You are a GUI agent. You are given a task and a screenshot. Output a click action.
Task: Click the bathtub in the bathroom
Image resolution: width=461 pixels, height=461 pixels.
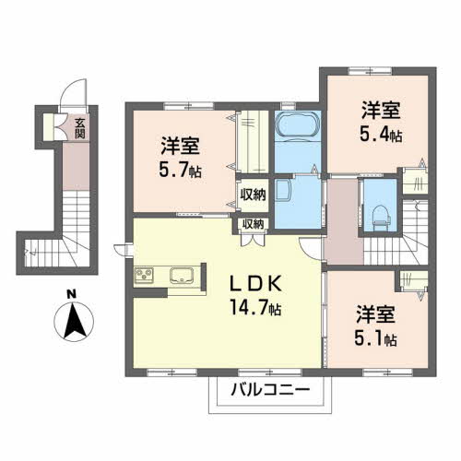pyautogui.click(x=297, y=126)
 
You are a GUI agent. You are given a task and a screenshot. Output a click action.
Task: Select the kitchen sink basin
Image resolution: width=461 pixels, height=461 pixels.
pyautogui.click(x=181, y=274)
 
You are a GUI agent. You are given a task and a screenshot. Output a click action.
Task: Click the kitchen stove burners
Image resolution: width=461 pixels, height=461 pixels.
pyautogui.click(x=146, y=274)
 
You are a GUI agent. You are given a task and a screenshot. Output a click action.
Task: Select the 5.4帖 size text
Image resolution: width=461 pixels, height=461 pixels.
pyautogui.click(x=380, y=136)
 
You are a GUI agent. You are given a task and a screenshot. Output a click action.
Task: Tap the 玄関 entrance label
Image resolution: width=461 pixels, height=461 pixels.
pyautogui.click(x=80, y=126)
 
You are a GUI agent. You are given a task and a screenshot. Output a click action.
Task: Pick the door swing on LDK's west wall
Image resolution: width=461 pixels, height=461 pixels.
pyautogui.click(x=121, y=247)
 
